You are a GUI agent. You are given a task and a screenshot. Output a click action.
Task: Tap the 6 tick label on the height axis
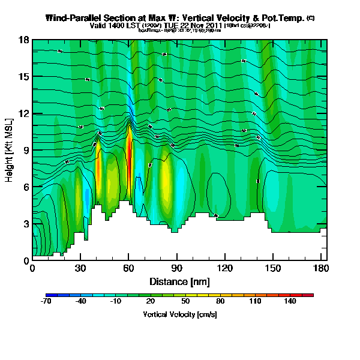pyautogui.click(x=26, y=187)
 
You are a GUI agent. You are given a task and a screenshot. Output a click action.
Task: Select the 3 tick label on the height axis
pyautogui.click(x=26, y=224)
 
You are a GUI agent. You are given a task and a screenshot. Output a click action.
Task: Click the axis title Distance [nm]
pyautogui.click(x=179, y=281)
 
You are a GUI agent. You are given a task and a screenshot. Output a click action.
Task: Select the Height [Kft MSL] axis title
pyautogui.click(x=10, y=151)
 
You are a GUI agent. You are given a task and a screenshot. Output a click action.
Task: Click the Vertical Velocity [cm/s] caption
pyautogui.click(x=179, y=314)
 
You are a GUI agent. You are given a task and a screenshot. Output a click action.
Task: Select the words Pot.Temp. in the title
pyautogui.click(x=282, y=18)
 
